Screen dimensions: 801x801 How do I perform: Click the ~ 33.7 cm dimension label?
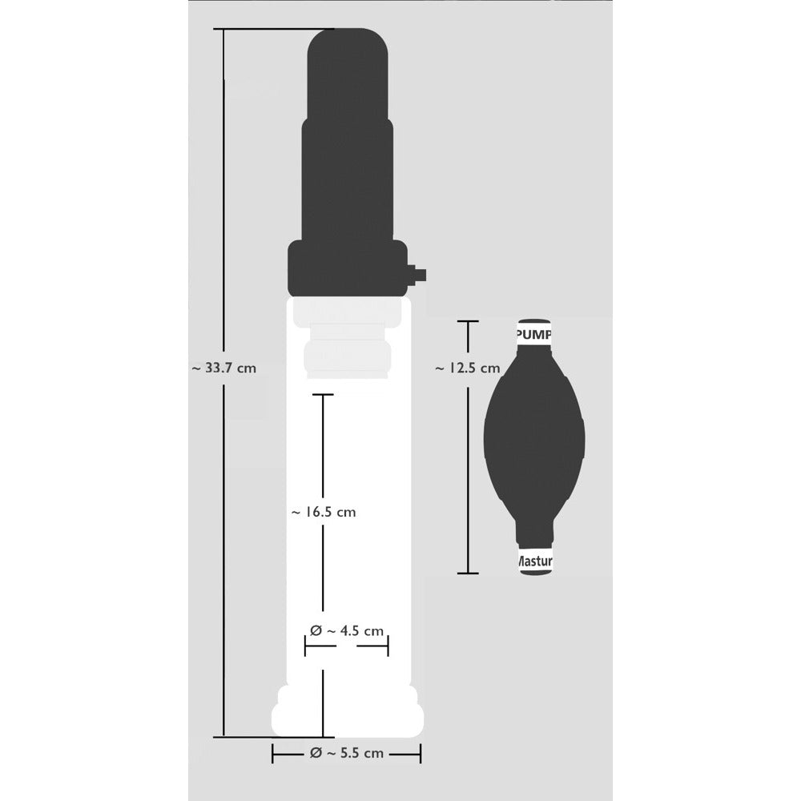pos(224,368)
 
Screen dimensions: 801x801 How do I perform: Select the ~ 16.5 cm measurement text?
pos(323,512)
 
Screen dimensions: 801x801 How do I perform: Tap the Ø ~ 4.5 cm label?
pos(346,630)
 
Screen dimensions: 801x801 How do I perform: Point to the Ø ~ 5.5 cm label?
pos(346,753)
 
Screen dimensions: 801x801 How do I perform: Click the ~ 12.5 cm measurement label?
pos(467,368)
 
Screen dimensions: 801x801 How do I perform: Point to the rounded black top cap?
pos(349,72)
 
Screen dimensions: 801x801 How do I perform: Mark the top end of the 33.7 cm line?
pos(223,30)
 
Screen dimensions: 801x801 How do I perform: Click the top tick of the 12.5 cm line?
pos(468,321)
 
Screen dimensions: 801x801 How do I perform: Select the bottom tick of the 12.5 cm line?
pos(468,573)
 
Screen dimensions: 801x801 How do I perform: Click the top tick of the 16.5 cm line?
pos(323,395)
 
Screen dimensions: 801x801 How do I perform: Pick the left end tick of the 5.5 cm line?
pos(273,753)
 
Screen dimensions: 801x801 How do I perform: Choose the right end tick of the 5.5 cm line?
pos(421,753)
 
